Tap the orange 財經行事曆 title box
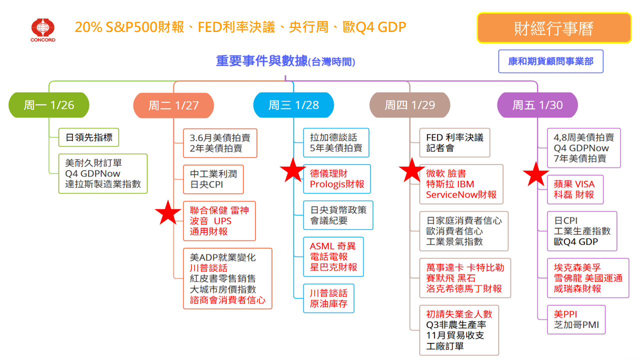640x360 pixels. [x=553, y=28]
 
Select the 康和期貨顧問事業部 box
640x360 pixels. [x=550, y=61]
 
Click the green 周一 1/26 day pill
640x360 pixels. [x=49, y=105]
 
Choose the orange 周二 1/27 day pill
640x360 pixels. [x=173, y=105]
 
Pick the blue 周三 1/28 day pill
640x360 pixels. [x=293, y=105]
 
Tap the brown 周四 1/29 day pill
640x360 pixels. [x=409, y=105]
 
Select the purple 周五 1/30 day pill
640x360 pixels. [x=537, y=105]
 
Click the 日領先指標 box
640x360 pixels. [x=89, y=137]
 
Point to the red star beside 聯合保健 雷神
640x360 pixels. [x=168, y=213]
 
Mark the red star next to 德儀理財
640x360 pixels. [x=292, y=171]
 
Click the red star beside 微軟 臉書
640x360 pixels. [x=412, y=171]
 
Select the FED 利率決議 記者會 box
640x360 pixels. [x=454, y=142]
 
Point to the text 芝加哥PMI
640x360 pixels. [x=576, y=325]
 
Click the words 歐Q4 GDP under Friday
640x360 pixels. [x=576, y=242]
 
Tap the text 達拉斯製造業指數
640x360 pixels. [x=103, y=184]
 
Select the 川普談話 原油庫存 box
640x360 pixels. [x=328, y=298]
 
